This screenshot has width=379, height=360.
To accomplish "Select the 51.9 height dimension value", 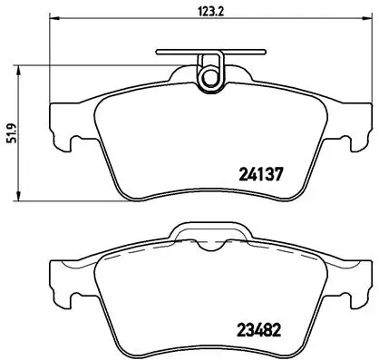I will [11, 132].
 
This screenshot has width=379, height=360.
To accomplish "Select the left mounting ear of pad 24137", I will [57, 127].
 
